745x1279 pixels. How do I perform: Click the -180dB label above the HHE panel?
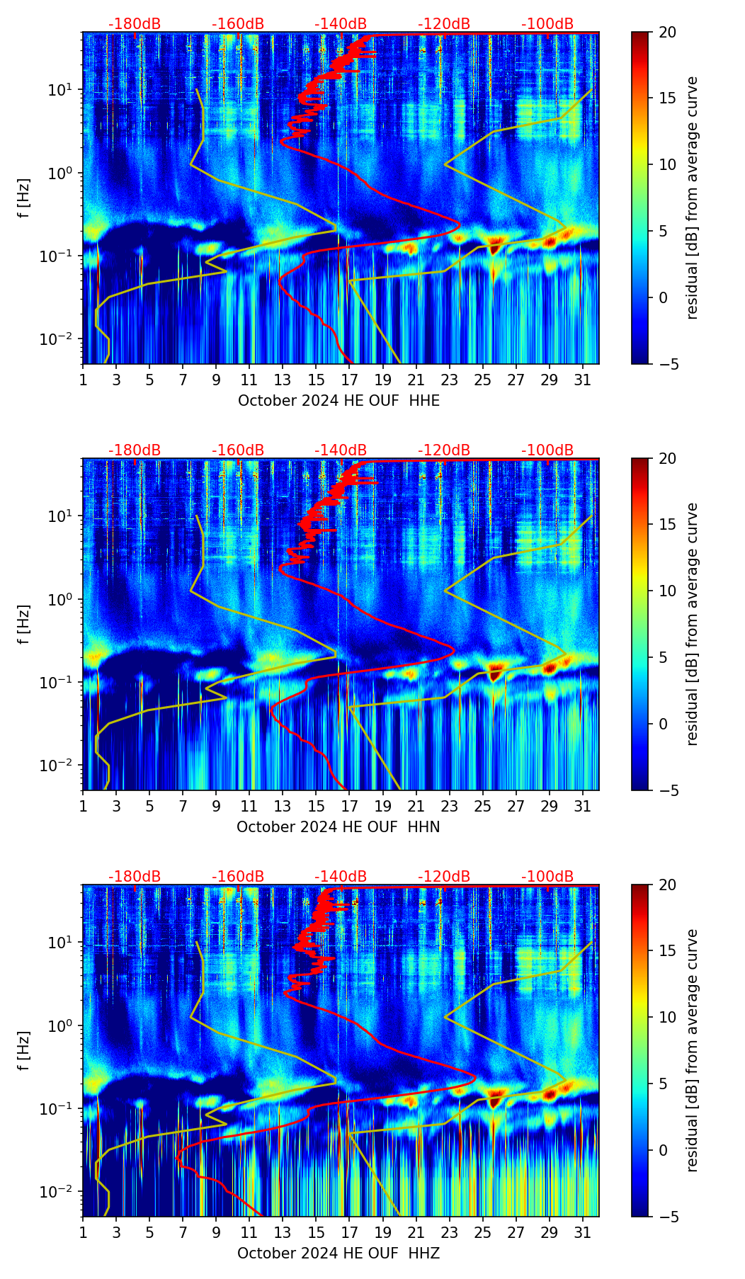(x=135, y=24)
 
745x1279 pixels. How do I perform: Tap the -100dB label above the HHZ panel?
(x=547, y=877)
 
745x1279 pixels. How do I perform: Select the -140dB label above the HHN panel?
(x=341, y=450)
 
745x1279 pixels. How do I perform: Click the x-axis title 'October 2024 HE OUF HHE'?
(x=339, y=401)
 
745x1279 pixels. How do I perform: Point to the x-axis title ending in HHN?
(x=339, y=827)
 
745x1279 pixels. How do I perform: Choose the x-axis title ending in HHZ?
(x=339, y=1254)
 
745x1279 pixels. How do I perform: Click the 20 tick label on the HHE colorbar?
(x=667, y=33)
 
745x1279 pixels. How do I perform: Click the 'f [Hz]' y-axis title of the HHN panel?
(x=24, y=624)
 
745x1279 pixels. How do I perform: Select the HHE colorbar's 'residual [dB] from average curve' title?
(x=693, y=198)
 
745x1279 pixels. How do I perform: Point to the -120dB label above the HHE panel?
(x=444, y=24)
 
